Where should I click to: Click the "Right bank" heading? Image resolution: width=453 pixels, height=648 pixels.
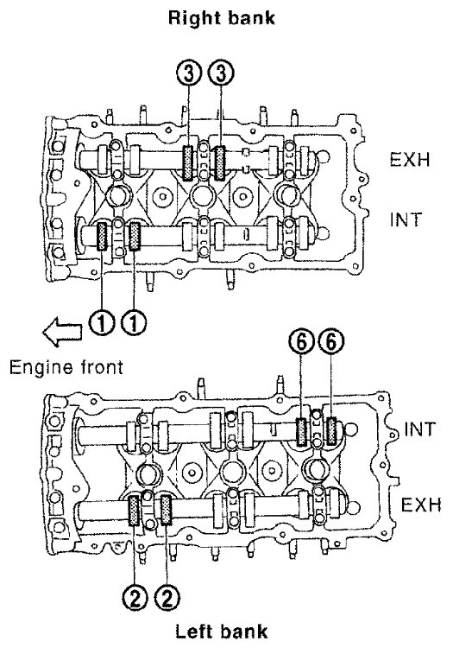tap(222, 18)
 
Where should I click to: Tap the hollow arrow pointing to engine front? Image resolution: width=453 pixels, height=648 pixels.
tap(62, 331)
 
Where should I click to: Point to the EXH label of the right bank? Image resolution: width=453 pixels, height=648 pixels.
tap(410, 160)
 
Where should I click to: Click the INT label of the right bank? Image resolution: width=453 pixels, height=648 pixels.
tap(406, 219)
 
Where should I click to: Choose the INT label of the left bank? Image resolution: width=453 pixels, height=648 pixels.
tap(419, 429)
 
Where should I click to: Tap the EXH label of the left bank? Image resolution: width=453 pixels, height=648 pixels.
tap(421, 505)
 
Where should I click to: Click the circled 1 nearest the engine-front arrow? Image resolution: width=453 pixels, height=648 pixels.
tap(101, 323)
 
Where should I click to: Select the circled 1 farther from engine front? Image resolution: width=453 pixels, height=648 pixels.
tap(134, 323)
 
